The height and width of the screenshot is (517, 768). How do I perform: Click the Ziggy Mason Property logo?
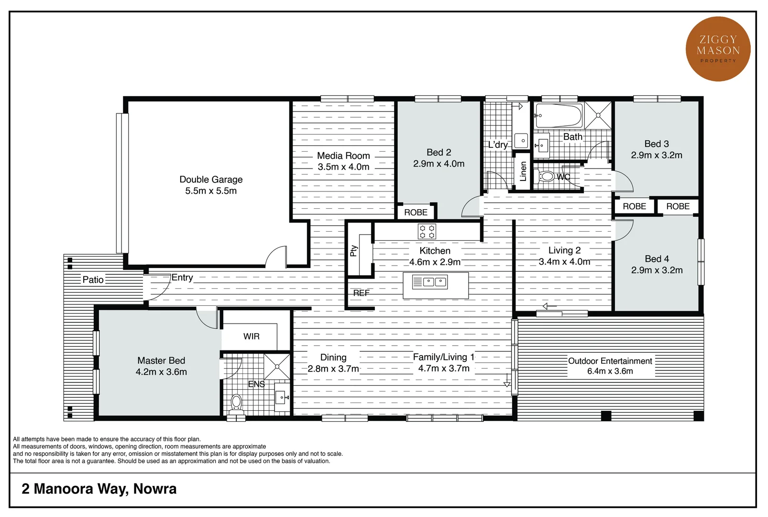tap(718, 49)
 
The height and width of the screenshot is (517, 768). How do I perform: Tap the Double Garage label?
tap(211, 180)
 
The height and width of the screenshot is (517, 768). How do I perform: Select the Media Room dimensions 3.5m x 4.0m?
tap(343, 167)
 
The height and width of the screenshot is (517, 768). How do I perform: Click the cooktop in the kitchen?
tap(427, 232)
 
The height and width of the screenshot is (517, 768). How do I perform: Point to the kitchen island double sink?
tap(435, 282)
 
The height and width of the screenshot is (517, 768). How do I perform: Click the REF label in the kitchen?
tap(362, 293)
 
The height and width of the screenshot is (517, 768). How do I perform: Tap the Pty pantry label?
tap(354, 251)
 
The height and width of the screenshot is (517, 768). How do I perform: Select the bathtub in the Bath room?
tap(559, 115)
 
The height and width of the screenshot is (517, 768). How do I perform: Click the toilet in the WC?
tap(546, 177)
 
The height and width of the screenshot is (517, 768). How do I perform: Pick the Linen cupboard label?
tap(523, 171)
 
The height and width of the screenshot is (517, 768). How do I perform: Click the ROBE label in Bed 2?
tap(416, 212)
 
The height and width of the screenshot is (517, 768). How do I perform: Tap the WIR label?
tap(252, 337)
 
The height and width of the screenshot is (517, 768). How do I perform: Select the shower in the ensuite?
tap(277, 366)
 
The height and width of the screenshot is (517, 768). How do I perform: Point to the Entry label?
tap(182, 278)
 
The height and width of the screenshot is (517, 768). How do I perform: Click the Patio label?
tap(93, 280)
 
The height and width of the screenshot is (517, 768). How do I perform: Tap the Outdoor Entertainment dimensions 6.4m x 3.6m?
tap(610, 371)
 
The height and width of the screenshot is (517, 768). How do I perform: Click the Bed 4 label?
tap(657, 259)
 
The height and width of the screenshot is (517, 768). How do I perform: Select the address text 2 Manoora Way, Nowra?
tap(99, 489)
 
